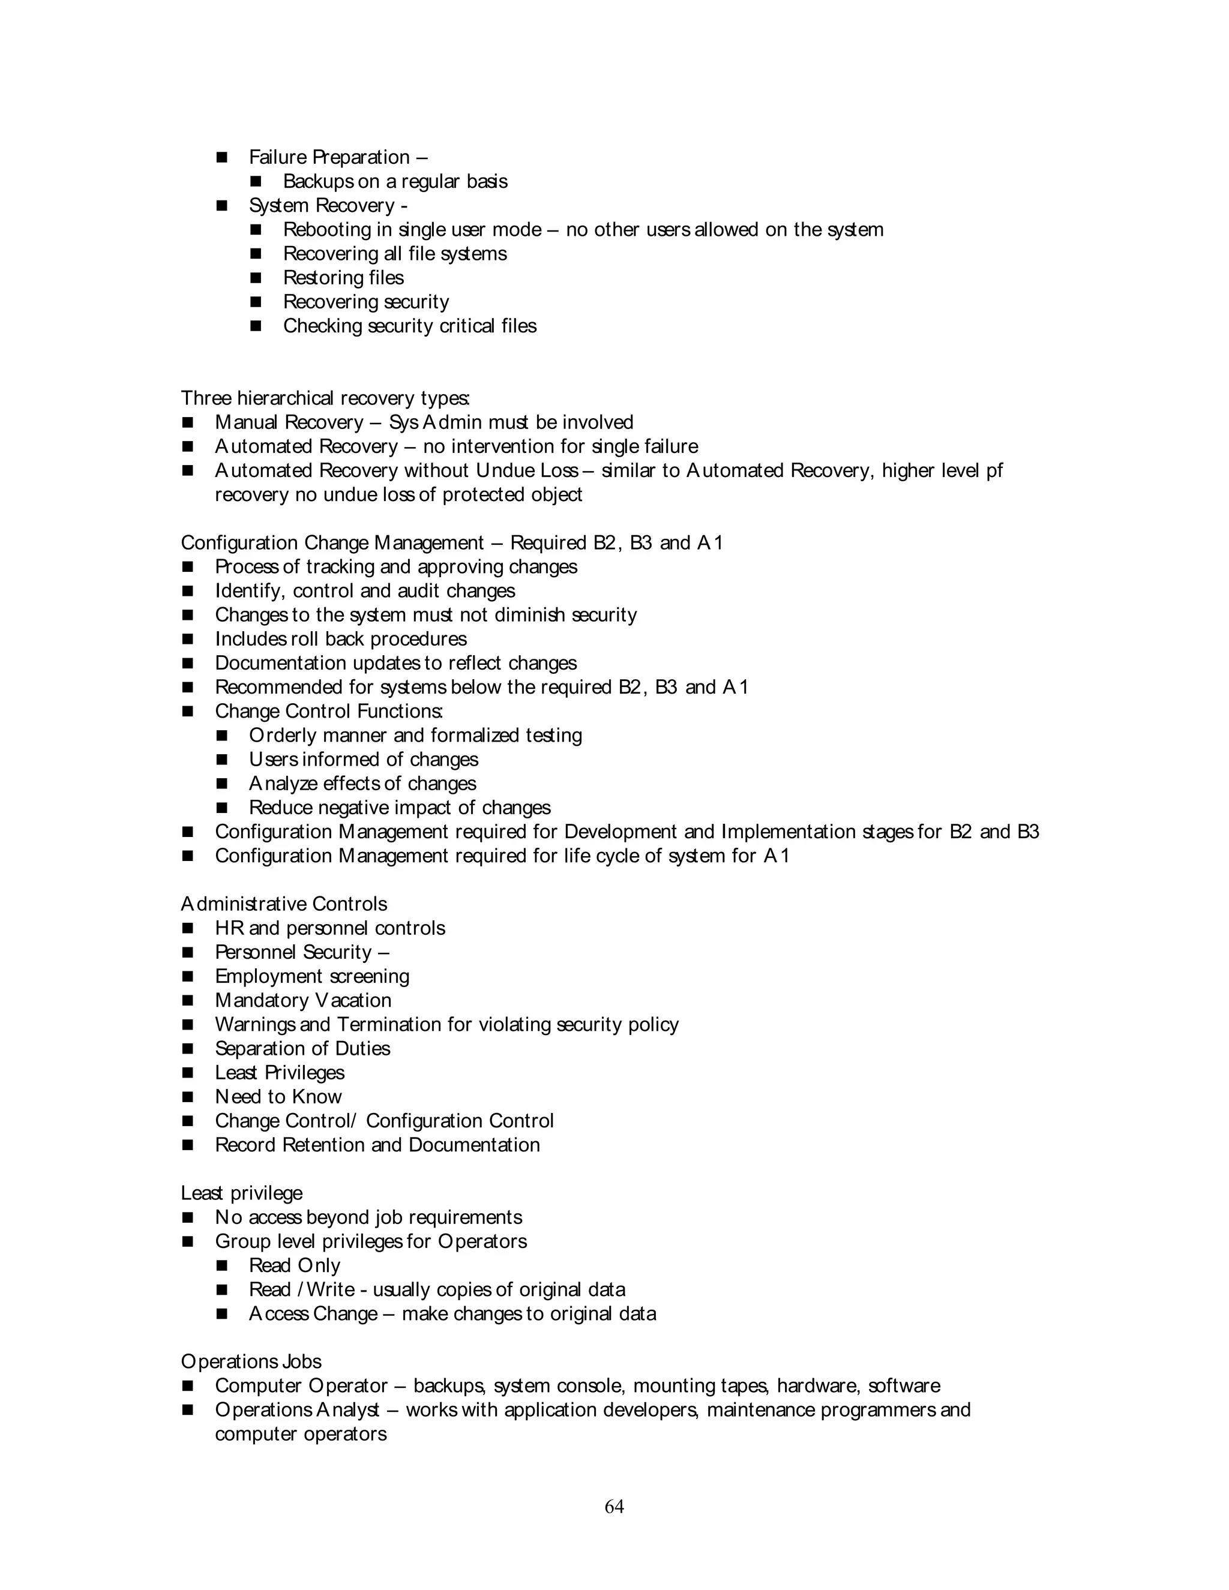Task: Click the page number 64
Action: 614,1506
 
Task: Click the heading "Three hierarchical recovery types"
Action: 325,398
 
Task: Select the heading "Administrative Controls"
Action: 284,904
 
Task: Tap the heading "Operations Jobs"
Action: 251,1361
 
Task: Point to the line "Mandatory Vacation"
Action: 303,1000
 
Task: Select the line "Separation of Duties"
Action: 302,1048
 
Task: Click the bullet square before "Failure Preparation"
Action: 222,157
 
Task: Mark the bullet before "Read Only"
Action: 222,1265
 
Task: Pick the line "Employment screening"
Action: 311,976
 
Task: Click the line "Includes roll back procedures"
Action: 341,639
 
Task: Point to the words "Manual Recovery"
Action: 289,422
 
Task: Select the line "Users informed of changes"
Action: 363,760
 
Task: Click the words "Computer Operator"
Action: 301,1385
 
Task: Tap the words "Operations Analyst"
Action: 297,1409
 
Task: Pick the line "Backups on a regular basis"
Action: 395,181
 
